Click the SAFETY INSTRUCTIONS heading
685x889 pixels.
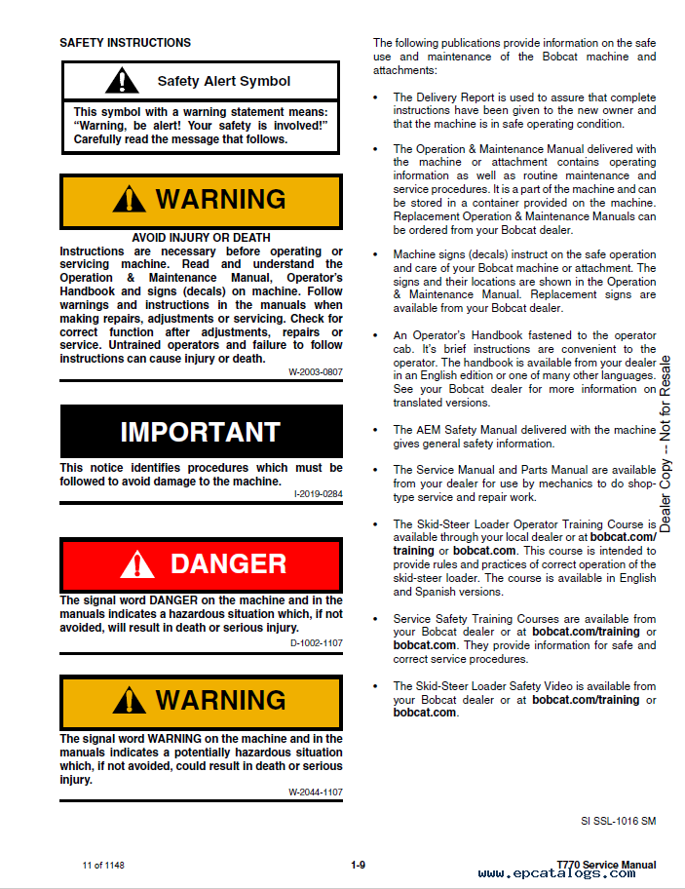pos(125,43)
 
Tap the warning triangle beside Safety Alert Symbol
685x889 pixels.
pos(122,81)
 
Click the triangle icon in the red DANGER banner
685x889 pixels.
pos(137,564)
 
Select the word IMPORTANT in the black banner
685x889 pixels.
pos(201,432)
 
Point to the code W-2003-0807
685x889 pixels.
pos(315,372)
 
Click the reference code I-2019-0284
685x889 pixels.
pos(318,494)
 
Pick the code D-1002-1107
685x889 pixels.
pos(316,642)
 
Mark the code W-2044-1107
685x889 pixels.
pos(315,792)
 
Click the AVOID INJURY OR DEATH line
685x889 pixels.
pos(201,237)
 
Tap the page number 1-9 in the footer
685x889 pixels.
pos(358,865)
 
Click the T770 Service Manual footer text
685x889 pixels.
pos(605,865)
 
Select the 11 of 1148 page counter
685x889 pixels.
pos(103,866)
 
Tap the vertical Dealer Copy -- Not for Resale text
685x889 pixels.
pos(666,444)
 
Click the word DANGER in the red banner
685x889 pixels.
pos(228,564)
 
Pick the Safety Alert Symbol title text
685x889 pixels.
pos(224,82)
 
